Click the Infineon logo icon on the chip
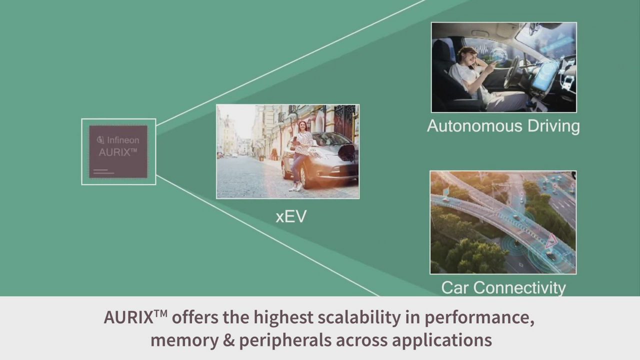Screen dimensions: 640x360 coord(100,139)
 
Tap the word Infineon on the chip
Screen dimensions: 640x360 coord(123,140)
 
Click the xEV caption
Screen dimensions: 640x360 coord(291,216)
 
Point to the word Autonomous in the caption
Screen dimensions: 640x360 coord(474,126)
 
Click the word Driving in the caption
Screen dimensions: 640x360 coord(553,126)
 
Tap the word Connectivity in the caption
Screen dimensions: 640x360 coord(519,287)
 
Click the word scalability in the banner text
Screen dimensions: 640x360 coord(359,317)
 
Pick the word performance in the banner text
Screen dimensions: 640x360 coord(479,318)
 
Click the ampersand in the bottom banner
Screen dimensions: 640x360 coord(228,340)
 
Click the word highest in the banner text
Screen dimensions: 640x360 coord(283,317)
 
